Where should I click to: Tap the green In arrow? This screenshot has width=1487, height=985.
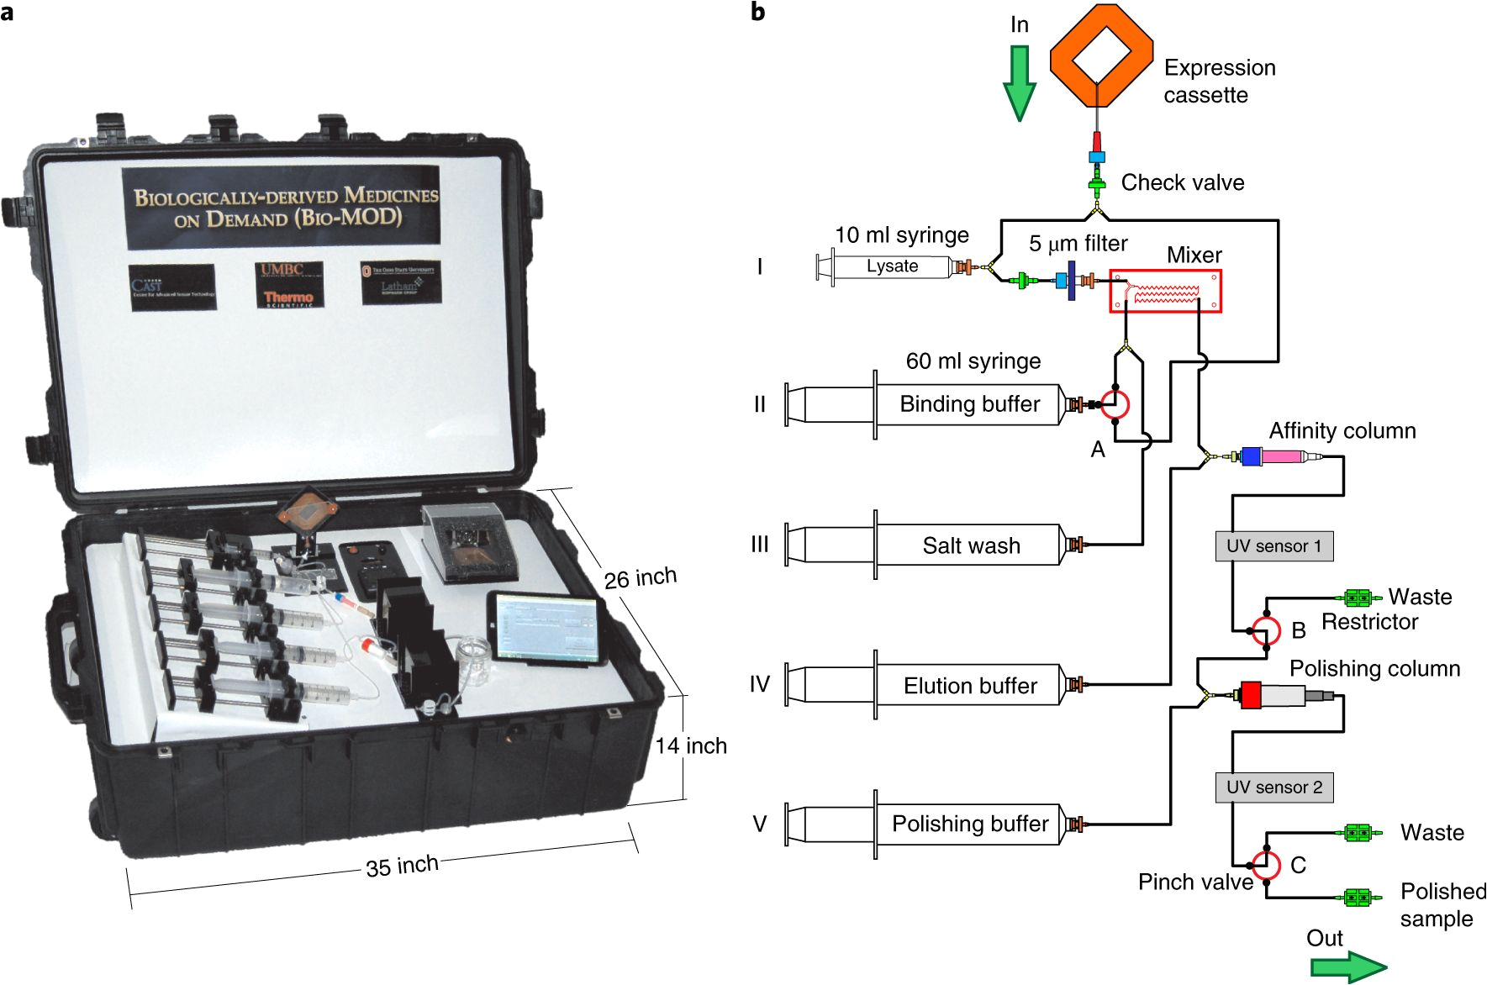click(1020, 82)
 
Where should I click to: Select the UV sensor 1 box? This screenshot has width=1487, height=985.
click(1273, 546)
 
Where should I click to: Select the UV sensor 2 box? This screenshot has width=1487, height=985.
click(1273, 787)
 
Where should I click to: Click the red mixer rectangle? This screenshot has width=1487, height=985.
click(1165, 291)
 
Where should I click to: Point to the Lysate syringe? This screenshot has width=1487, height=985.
click(891, 266)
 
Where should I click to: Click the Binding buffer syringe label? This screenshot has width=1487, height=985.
click(969, 404)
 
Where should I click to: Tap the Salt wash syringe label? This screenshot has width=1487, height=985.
click(971, 545)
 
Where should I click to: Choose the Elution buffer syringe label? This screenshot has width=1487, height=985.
click(969, 686)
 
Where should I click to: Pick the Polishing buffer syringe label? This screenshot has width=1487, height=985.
click(969, 824)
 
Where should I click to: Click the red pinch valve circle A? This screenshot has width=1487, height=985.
click(1115, 404)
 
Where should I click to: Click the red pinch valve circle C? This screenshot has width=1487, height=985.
click(1266, 865)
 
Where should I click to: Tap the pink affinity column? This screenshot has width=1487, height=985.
click(1281, 456)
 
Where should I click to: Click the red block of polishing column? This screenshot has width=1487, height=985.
click(1251, 695)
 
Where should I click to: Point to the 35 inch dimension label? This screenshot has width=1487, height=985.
click(402, 866)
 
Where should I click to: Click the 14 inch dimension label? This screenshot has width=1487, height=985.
click(691, 745)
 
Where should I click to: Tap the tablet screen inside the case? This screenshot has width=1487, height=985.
click(545, 628)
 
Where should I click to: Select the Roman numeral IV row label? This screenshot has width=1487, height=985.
click(759, 684)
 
